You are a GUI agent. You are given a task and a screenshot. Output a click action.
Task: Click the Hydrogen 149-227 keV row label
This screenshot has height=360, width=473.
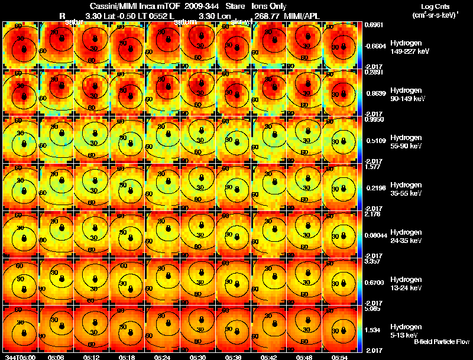(409, 47)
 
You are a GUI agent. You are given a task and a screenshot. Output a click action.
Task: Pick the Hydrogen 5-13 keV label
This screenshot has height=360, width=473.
(407, 330)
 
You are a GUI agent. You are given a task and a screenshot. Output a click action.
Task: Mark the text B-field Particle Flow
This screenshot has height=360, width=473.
(441, 342)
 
